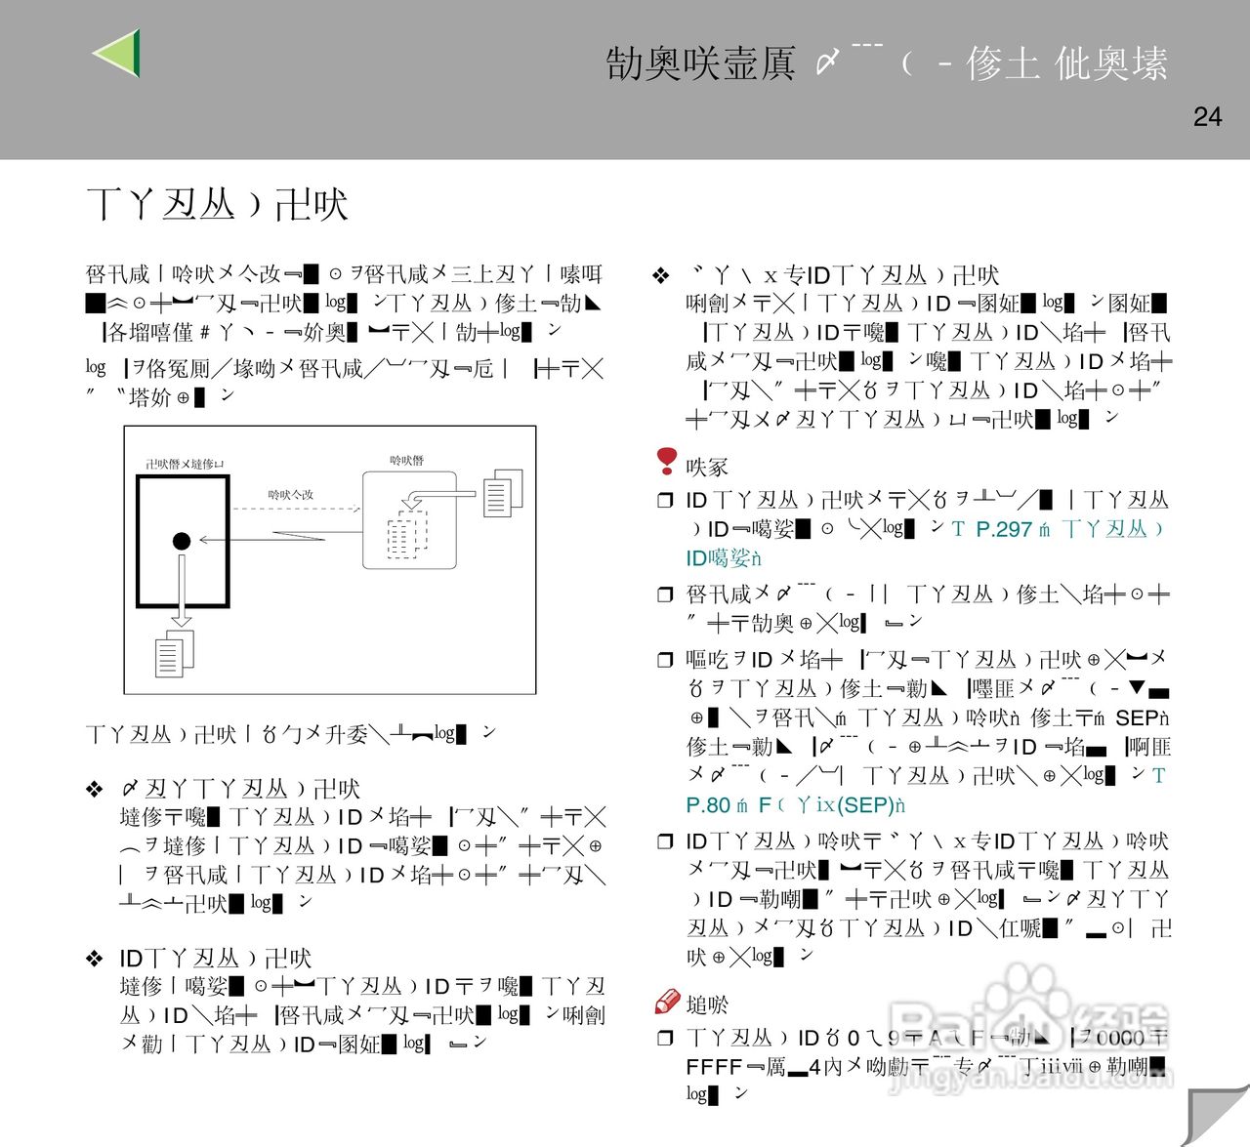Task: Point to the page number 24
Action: (x=1207, y=117)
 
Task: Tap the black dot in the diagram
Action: (x=182, y=541)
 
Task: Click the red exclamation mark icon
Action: (x=667, y=460)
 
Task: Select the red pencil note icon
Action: (x=667, y=1002)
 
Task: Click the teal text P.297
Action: (x=1004, y=529)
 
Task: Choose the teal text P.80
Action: (x=708, y=805)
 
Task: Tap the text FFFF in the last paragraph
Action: (x=714, y=1067)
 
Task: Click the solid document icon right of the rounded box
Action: (x=502, y=492)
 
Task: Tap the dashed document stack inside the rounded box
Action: (x=407, y=532)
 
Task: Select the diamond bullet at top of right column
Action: (x=661, y=276)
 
